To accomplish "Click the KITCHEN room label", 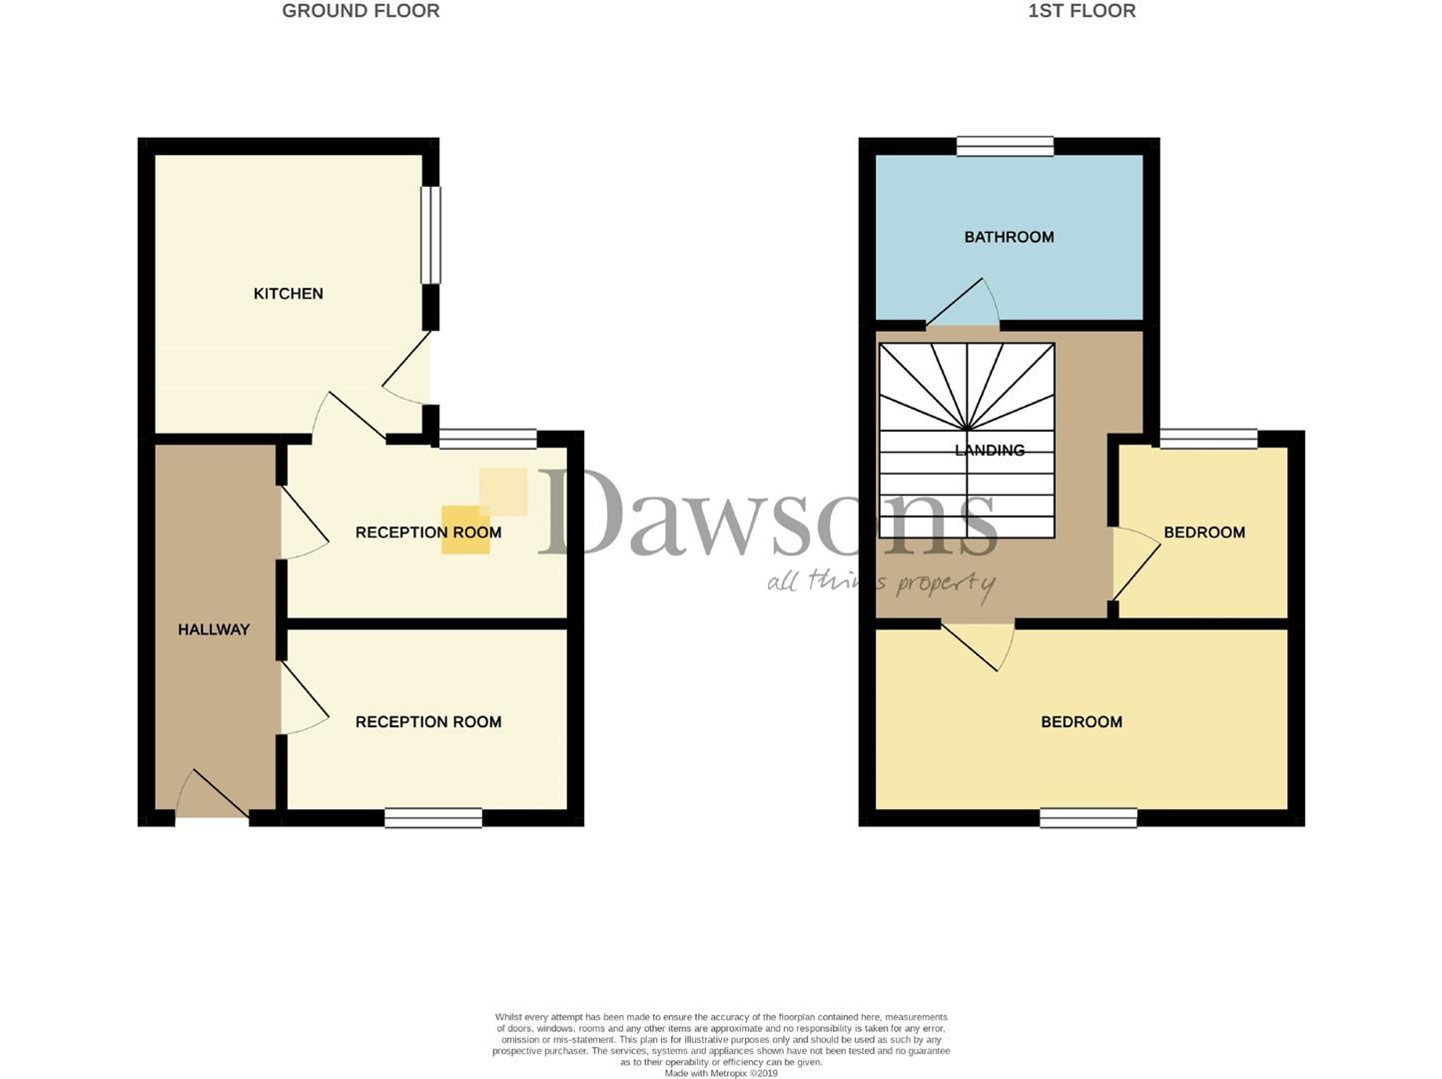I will coord(288,294).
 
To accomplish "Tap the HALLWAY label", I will coord(214,629).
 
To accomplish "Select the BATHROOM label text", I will coord(1009,237).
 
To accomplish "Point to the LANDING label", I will coord(990,451).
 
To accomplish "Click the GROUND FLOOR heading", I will coord(360,11).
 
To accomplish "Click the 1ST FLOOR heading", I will coord(1081,11).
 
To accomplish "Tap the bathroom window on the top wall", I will coord(1005,146).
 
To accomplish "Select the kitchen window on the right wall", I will coord(430,236).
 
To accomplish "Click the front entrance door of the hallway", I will coord(213,797).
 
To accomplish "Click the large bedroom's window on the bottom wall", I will coord(1087,818).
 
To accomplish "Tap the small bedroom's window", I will coord(1207,439).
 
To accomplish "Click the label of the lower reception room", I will coord(428,722).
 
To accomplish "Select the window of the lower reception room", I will coord(433,818).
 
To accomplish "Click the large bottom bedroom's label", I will coord(1081,722).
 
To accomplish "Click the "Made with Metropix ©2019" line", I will coord(721,1074).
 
